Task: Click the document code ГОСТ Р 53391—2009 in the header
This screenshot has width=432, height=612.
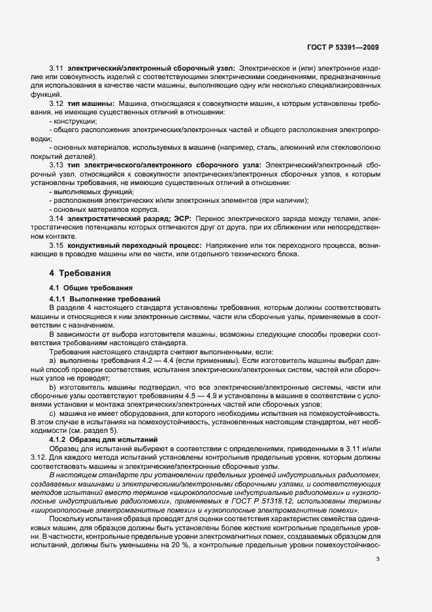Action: click(342, 47)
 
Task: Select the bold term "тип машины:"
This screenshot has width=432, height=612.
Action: click(91, 104)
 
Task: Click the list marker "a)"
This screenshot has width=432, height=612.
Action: click(52, 360)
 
